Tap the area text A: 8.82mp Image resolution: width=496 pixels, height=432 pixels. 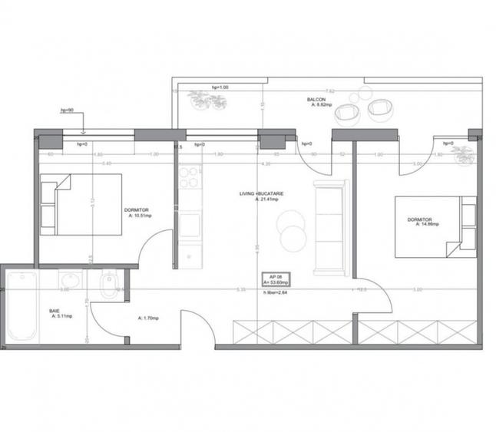tap(322, 105)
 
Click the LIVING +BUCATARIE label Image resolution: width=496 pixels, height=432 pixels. tap(261, 195)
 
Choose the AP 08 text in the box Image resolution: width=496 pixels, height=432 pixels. tap(274, 275)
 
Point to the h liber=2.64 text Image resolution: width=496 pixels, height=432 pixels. tap(275, 292)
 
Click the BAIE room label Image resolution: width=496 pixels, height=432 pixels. tap(55, 312)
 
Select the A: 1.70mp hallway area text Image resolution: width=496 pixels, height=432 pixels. tap(147, 318)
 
